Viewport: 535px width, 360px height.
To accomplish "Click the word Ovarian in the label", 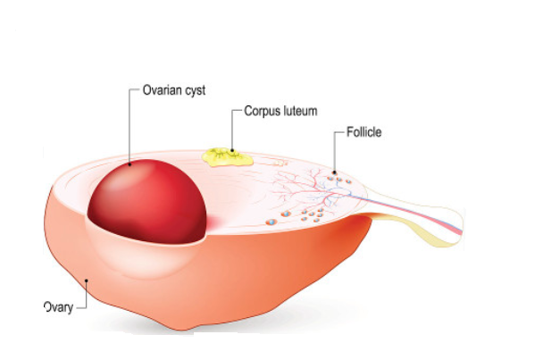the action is [163, 90].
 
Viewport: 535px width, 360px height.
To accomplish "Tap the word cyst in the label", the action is [196, 91].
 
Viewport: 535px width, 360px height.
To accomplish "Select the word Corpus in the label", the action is [260, 112].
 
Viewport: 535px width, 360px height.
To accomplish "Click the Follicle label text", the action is [364, 132].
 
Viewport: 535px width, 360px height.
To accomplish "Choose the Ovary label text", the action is [59, 307].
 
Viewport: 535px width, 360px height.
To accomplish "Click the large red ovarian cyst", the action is [147, 201].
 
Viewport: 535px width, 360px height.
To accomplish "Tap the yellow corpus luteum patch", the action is [228, 157].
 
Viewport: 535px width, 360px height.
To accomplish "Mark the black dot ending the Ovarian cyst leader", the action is [130, 164].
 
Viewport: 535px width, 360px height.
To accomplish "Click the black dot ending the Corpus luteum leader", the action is [232, 150].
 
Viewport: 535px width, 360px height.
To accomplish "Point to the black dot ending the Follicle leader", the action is [334, 172].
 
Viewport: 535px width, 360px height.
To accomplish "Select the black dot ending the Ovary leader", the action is [87, 280].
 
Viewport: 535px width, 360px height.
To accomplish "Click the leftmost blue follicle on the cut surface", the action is [271, 222].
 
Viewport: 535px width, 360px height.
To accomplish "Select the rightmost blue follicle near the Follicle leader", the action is [348, 181].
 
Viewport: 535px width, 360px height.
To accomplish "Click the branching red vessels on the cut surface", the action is [307, 189].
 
